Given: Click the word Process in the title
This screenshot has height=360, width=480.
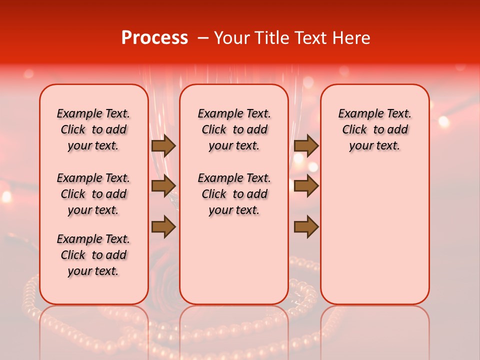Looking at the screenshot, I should tap(154, 38).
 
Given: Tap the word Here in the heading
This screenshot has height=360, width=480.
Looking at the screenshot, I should tap(351, 38).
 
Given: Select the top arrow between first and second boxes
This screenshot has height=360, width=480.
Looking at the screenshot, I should tap(163, 145).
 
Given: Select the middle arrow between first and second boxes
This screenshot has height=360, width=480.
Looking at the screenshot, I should tap(163, 186).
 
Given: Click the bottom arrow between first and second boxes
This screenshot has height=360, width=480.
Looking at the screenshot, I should tap(163, 227).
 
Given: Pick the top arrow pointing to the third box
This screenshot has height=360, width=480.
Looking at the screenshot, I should tap(306, 145).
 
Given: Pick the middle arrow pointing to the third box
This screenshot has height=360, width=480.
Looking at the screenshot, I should tap(306, 186).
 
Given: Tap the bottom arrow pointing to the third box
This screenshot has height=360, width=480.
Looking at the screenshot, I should tap(306, 227).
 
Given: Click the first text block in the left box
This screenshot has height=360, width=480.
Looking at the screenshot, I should tap(93, 129).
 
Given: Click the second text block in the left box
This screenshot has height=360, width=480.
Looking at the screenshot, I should tap(93, 194).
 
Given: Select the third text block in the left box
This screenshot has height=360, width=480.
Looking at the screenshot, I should tap(93, 255).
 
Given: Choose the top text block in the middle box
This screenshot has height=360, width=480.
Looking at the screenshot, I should tap(234, 129).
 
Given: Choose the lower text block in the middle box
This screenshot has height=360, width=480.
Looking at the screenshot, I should tap(234, 194).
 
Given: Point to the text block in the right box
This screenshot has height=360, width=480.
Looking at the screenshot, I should tap(374, 129).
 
